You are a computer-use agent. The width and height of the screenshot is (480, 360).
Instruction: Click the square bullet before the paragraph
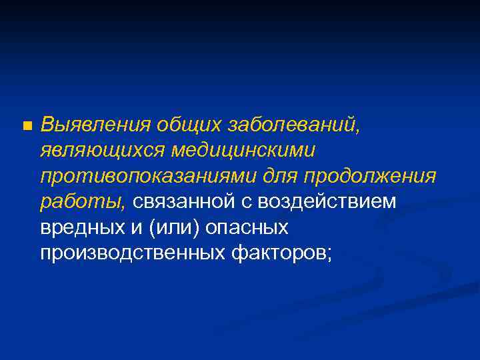[26, 125]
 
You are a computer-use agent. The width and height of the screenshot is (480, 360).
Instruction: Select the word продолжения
[371, 176]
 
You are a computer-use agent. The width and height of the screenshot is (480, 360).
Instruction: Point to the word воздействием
[329, 202]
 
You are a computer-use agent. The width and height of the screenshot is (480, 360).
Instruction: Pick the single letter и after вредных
[137, 227]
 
